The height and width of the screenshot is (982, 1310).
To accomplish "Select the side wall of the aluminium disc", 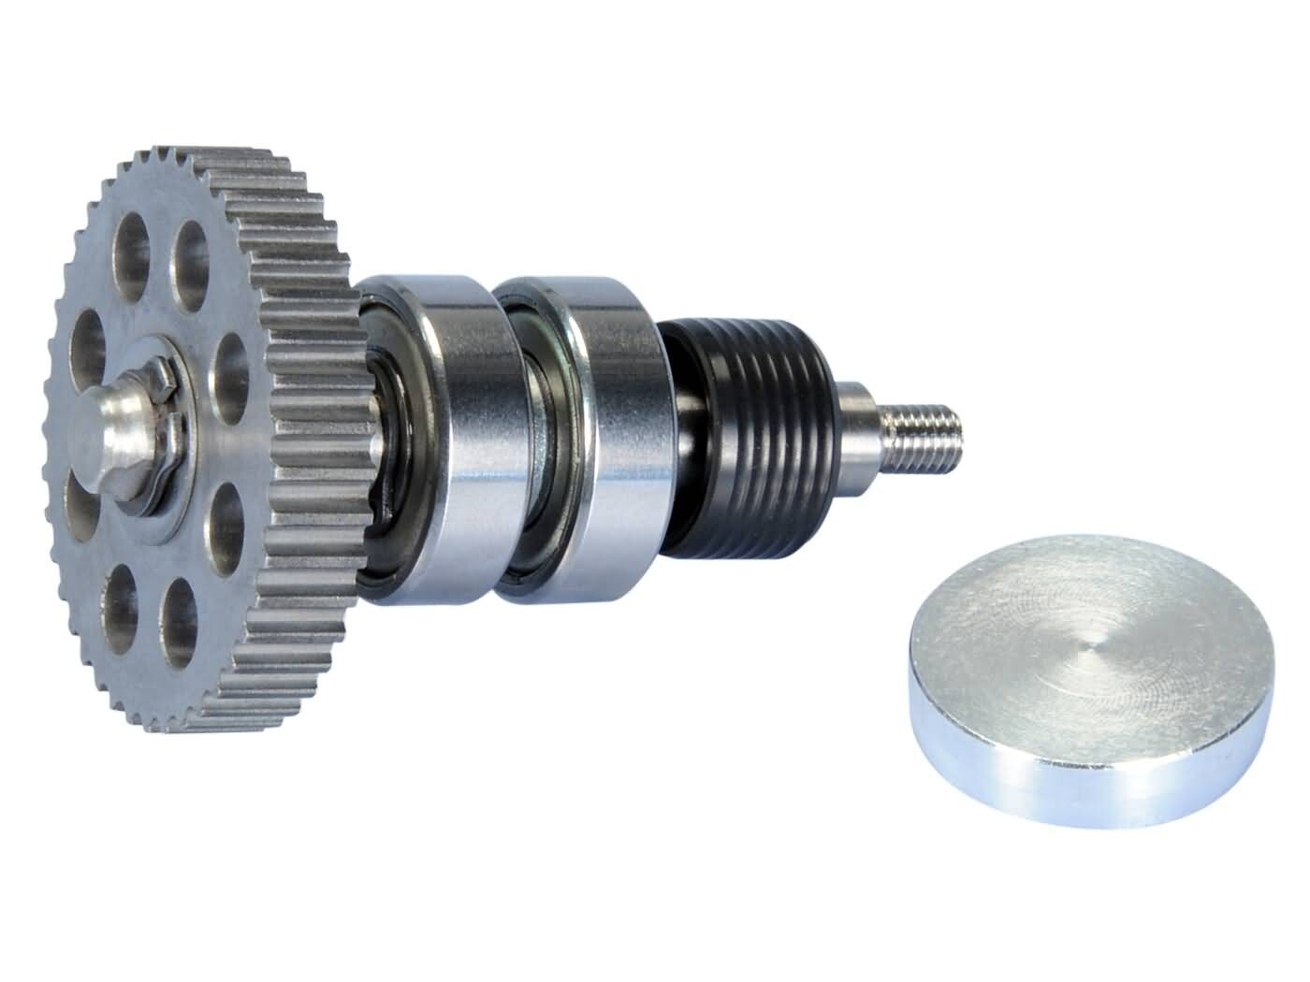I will pos(1076,772).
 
